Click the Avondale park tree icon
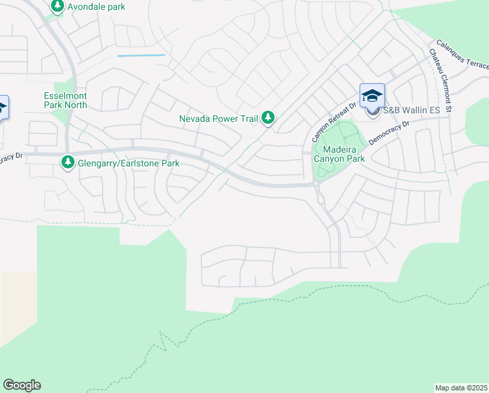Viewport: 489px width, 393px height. point(58,7)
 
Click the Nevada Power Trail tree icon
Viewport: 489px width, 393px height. point(267,118)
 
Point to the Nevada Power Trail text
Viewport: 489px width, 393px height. point(219,119)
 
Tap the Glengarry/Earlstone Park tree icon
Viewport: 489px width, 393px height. point(68,162)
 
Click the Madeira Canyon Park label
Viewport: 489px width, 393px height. point(339,153)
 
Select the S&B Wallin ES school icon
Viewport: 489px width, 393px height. point(372,96)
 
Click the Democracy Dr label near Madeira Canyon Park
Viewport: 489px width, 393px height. point(389,132)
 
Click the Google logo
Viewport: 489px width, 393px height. point(22,385)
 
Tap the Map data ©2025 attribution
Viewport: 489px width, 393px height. point(460,388)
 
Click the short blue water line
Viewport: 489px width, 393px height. point(141,56)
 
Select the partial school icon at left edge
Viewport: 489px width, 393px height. point(3,107)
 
